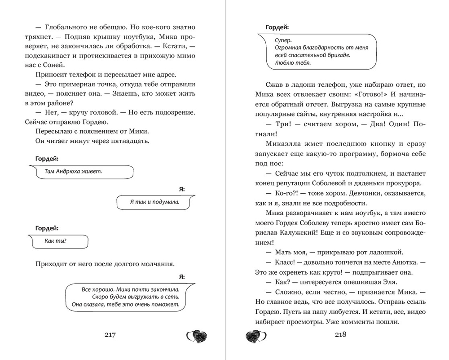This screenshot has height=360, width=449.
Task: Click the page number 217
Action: coord(110,335)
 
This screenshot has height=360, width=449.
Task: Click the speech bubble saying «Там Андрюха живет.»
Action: coord(82,172)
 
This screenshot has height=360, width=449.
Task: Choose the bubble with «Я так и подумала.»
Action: coord(155,202)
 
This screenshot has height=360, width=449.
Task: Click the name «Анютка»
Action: coord(397,262)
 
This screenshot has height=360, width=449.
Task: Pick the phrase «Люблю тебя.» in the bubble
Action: coord(292,63)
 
